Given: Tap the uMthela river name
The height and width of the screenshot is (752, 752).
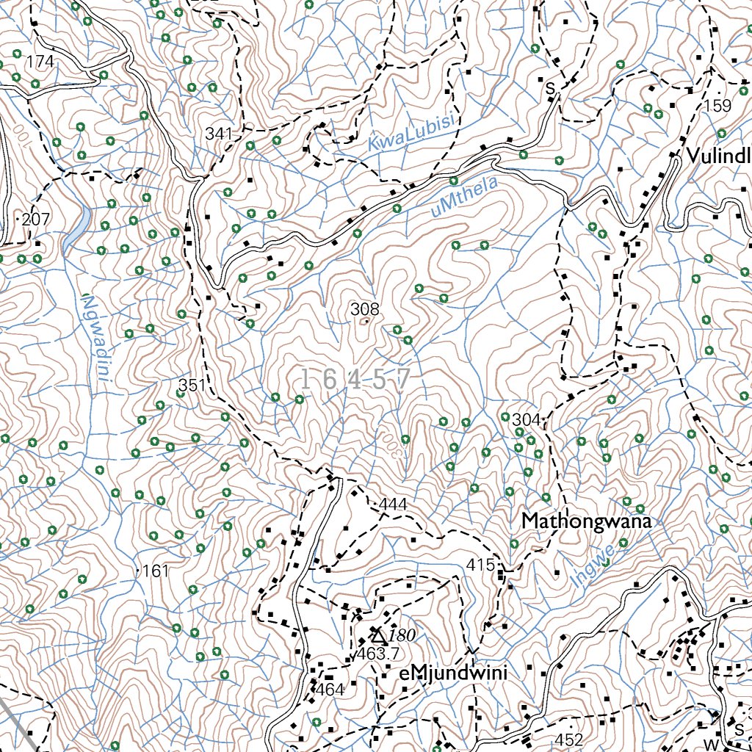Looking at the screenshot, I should (x=466, y=198).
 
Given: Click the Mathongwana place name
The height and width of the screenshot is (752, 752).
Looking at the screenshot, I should (x=587, y=521).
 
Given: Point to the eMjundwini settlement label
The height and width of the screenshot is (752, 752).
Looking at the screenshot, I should (x=453, y=673).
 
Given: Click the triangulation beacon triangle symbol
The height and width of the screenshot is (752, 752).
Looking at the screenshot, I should (x=377, y=634).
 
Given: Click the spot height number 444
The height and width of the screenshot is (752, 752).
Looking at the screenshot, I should (x=394, y=505).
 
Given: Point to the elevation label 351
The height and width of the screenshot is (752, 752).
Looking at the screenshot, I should (x=193, y=385).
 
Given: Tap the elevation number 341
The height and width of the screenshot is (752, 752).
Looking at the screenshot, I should (x=219, y=134).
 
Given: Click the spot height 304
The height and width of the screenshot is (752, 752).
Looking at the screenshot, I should (x=526, y=419).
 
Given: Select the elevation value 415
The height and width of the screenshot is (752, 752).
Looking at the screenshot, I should (x=480, y=565).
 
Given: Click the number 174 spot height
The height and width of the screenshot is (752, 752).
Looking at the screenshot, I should (x=40, y=62).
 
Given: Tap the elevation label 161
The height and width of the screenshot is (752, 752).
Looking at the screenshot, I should (x=155, y=571).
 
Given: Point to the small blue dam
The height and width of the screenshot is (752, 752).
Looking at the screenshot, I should (x=78, y=228).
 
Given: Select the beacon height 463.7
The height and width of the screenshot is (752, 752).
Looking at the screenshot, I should (x=378, y=654).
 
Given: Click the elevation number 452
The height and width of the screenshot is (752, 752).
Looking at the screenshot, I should (x=570, y=740).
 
